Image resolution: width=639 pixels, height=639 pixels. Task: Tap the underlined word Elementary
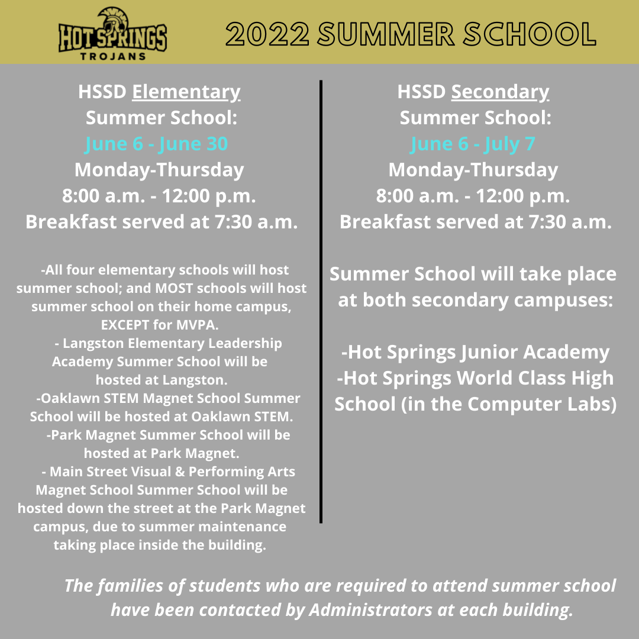(x=186, y=92)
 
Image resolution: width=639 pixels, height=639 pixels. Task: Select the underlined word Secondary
(x=500, y=92)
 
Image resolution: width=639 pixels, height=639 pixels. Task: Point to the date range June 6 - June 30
(x=156, y=144)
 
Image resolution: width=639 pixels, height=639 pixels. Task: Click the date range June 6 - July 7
(x=473, y=144)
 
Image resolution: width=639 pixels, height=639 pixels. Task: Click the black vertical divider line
(x=321, y=302)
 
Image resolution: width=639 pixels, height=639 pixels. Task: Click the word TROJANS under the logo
(x=112, y=57)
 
